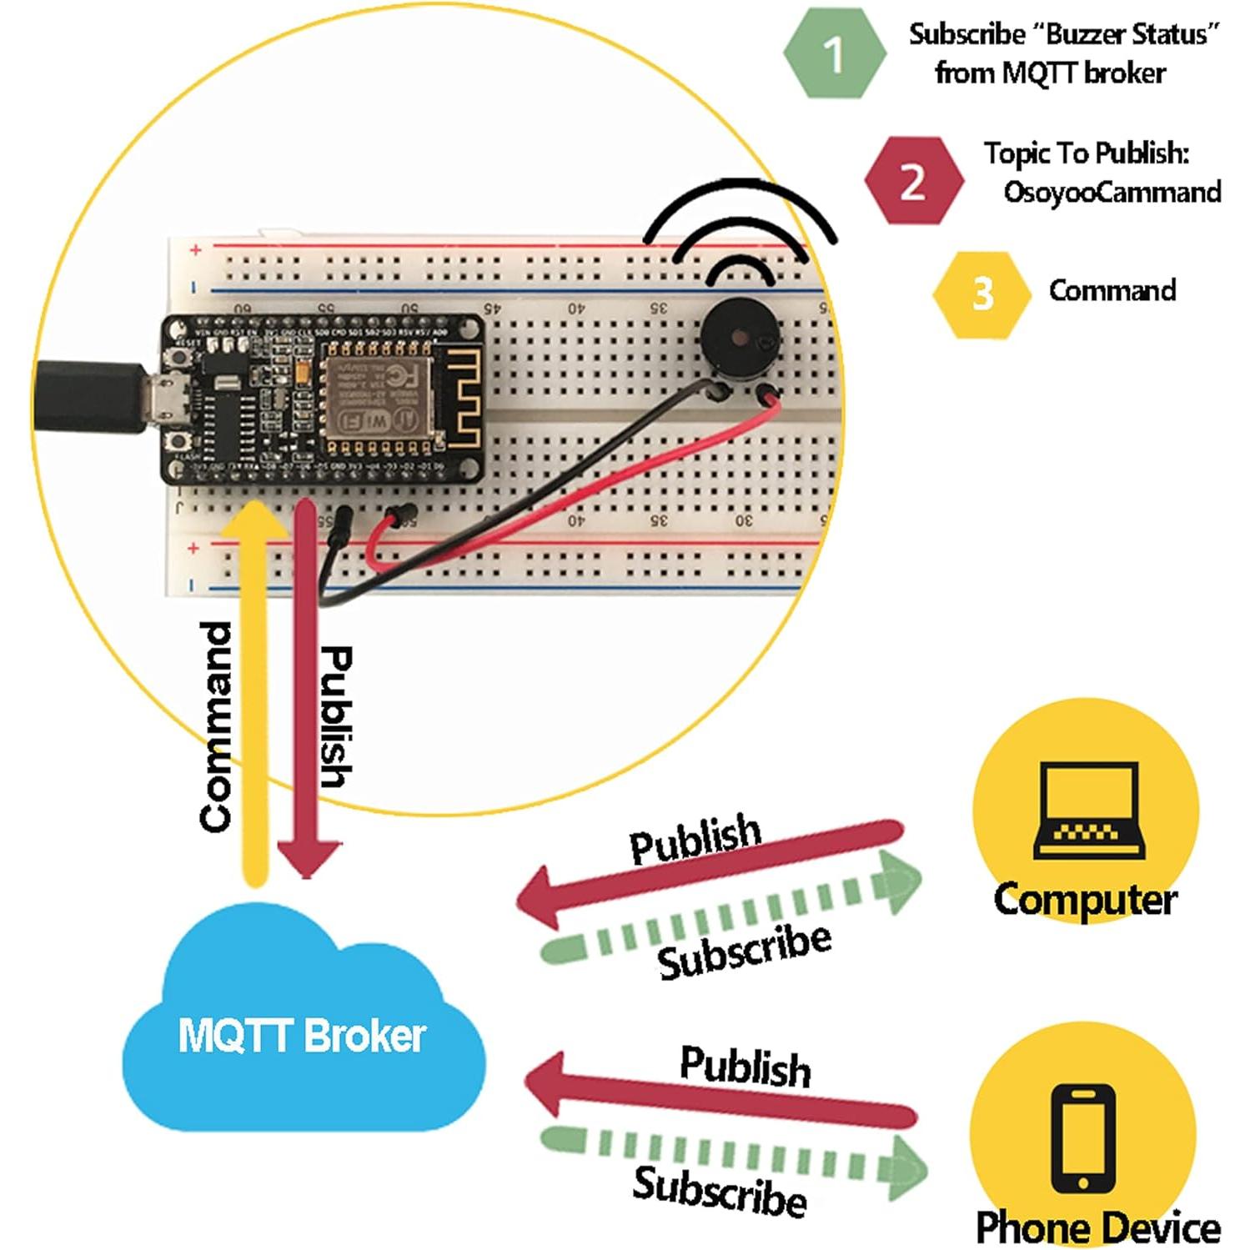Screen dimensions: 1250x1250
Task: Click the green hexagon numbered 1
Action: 834,53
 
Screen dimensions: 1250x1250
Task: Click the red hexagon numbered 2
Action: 913,180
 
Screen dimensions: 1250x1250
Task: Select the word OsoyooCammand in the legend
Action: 1112,192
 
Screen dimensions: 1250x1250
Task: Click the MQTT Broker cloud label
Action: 302,1035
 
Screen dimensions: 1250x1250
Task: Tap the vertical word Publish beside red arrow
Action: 336,717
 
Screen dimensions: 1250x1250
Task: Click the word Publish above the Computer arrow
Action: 695,838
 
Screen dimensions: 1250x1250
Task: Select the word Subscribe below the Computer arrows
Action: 745,951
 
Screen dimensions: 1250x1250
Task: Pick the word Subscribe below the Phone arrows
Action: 720,1192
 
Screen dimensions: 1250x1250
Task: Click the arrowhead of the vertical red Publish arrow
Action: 308,859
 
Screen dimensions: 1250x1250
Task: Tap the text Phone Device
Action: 1097,1227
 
